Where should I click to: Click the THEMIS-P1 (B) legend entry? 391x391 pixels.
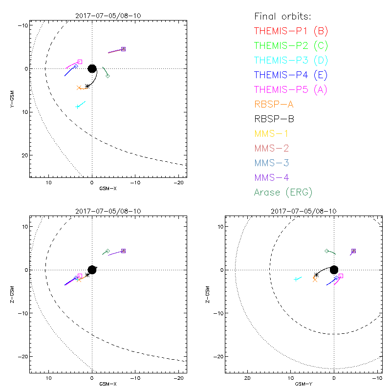[x=291, y=31]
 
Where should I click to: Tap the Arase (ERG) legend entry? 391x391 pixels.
[x=283, y=192]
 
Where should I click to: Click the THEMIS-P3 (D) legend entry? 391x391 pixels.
[x=291, y=60]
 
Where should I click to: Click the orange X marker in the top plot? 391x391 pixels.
[x=79, y=87]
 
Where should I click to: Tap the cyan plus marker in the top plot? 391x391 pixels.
[x=78, y=106]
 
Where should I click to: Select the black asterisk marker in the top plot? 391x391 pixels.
[x=87, y=86]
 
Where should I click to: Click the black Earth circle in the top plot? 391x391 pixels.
[x=92, y=68]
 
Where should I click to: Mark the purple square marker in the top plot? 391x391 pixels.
[x=124, y=49]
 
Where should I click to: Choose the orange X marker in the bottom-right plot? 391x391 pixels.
[x=315, y=279]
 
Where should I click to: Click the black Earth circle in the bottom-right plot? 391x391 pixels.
[x=334, y=270]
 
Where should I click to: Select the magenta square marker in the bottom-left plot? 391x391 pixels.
[x=80, y=276]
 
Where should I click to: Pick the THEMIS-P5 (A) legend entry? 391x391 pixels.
[x=291, y=89]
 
